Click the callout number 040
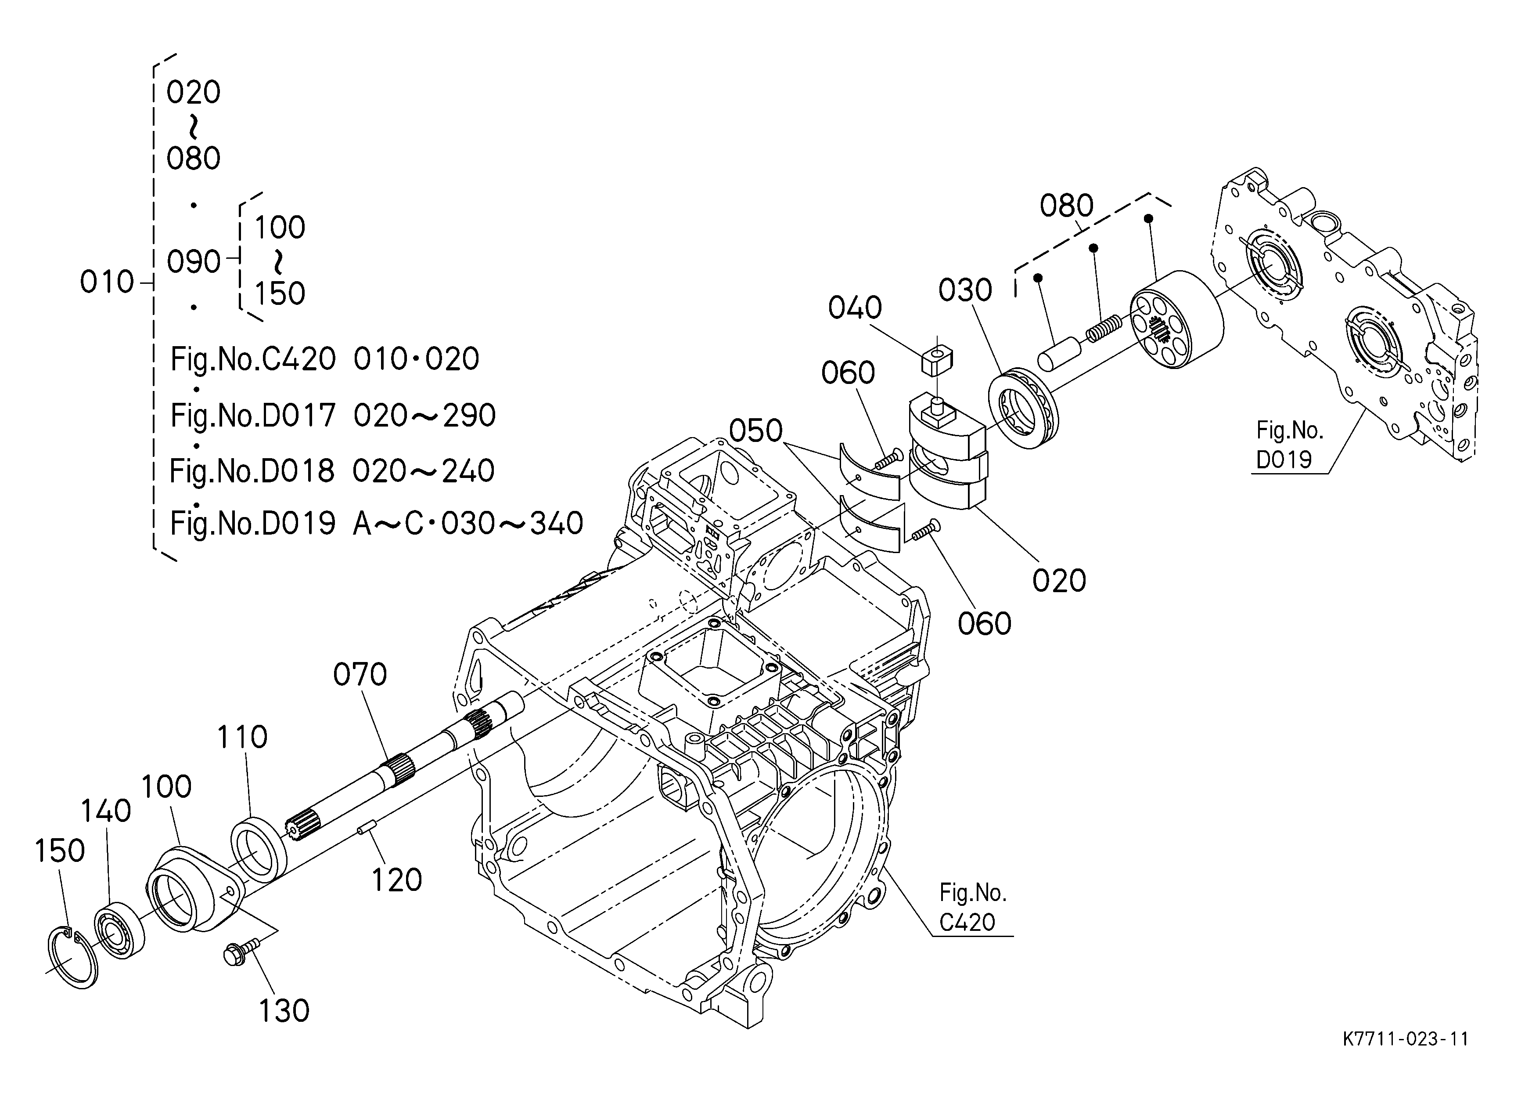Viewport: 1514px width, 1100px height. tap(855, 308)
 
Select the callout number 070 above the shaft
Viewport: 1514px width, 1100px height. tap(360, 675)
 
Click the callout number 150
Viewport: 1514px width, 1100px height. tap(59, 851)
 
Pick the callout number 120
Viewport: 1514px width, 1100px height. tap(396, 880)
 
